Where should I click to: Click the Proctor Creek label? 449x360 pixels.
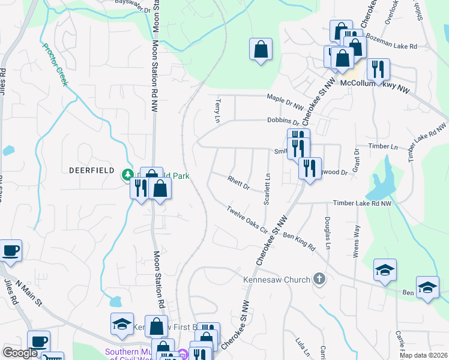(55, 64)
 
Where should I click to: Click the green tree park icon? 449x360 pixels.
(127, 175)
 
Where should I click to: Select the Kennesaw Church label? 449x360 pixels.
(276, 280)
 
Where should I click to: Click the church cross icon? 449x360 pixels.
(319, 279)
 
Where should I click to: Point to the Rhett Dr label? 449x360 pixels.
(238, 182)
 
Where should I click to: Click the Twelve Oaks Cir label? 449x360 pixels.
(247, 217)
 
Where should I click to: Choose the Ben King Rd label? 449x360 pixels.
(299, 243)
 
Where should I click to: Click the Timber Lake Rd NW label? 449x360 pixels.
(367, 204)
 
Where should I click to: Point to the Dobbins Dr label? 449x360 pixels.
(283, 121)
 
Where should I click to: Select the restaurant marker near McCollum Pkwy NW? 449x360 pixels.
(378, 70)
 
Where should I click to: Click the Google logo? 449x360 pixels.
(20, 353)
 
